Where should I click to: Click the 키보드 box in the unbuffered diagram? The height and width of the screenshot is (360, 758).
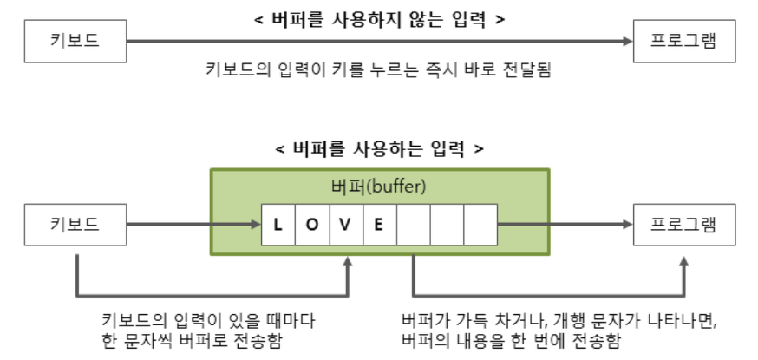point(75,41)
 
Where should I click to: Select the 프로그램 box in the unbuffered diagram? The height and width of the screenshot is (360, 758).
point(683,41)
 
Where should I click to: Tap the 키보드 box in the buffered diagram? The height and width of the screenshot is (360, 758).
point(75,225)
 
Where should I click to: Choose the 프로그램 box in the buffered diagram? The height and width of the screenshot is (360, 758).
point(683,225)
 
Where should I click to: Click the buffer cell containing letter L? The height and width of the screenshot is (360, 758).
point(278,225)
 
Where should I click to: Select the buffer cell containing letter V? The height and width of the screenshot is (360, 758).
point(345,225)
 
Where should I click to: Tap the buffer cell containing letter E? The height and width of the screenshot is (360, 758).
point(379,225)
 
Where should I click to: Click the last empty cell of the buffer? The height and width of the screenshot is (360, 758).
point(480,225)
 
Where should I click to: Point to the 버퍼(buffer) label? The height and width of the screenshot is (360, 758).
point(380,186)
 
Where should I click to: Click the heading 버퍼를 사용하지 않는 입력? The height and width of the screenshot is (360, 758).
point(380,16)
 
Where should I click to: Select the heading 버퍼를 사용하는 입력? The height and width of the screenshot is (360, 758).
point(380,148)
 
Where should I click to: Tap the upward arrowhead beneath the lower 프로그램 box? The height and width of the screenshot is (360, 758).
point(684,261)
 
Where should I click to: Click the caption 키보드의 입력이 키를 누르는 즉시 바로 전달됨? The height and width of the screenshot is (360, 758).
point(380,68)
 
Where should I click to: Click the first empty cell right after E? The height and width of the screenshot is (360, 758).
point(413,225)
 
